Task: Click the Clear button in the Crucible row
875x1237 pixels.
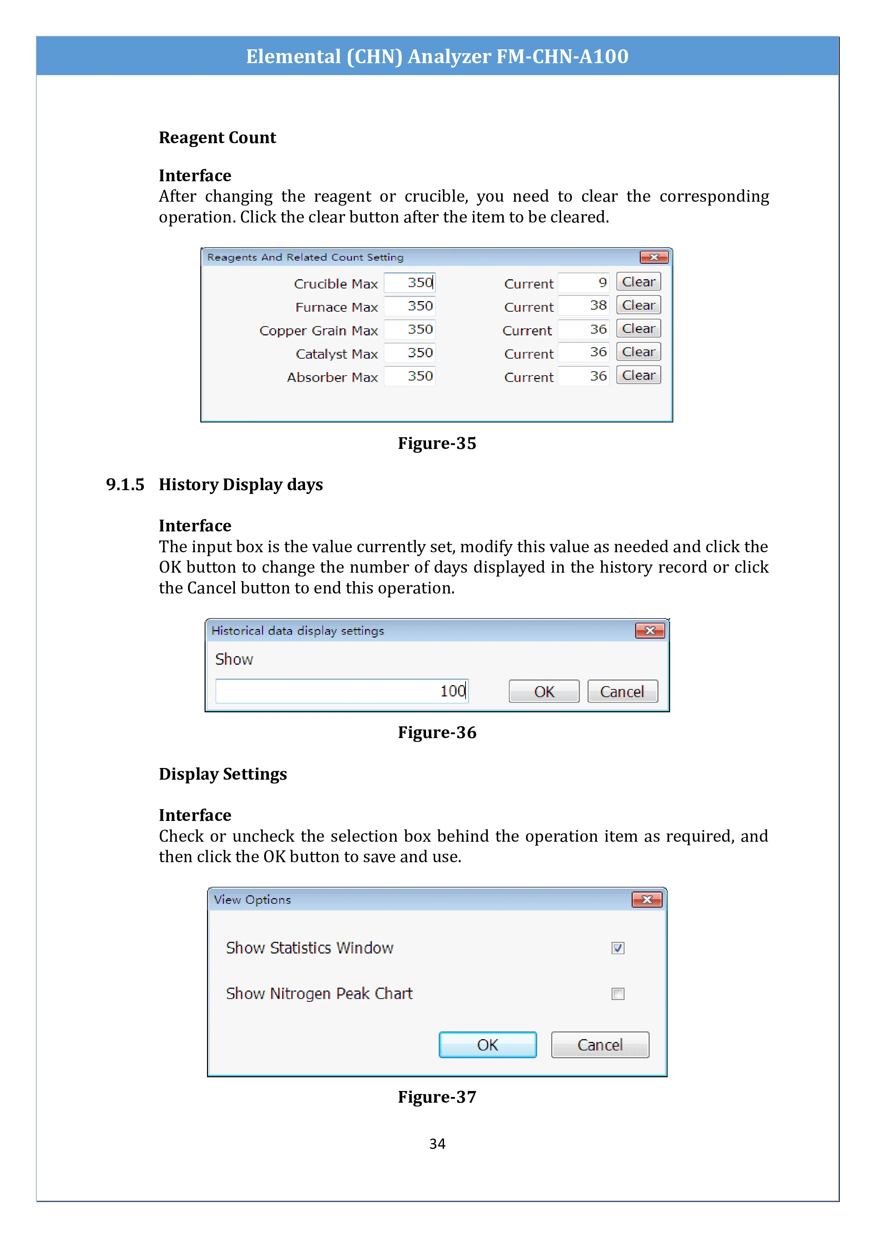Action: click(638, 282)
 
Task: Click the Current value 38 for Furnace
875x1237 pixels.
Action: click(584, 305)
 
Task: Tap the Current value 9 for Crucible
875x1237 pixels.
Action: click(584, 282)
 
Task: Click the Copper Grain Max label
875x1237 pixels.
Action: click(318, 330)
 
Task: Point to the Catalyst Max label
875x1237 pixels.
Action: click(337, 354)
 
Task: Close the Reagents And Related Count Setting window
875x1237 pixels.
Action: click(654, 257)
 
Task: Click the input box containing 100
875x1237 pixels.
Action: click(342, 691)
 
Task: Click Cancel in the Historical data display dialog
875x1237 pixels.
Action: click(622, 691)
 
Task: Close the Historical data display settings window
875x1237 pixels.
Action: click(650, 630)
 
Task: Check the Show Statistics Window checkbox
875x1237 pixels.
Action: click(618, 948)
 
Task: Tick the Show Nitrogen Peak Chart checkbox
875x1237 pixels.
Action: click(618, 993)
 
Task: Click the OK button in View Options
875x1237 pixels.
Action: click(488, 1045)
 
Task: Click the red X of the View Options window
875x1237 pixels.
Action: click(646, 899)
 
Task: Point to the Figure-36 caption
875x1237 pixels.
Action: click(437, 732)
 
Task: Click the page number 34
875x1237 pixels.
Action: click(437, 1143)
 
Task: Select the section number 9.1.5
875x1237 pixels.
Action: click(125, 485)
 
